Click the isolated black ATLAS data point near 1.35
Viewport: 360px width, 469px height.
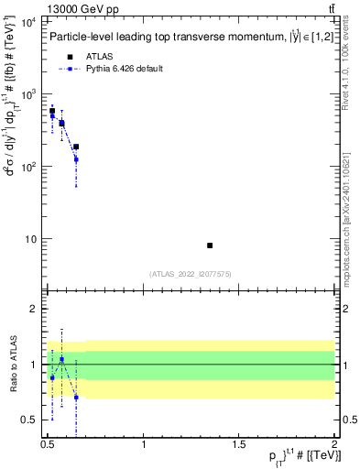click(210, 245)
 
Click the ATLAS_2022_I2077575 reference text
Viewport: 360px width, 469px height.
click(191, 273)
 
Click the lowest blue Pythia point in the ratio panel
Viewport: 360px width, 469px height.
click(76, 398)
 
